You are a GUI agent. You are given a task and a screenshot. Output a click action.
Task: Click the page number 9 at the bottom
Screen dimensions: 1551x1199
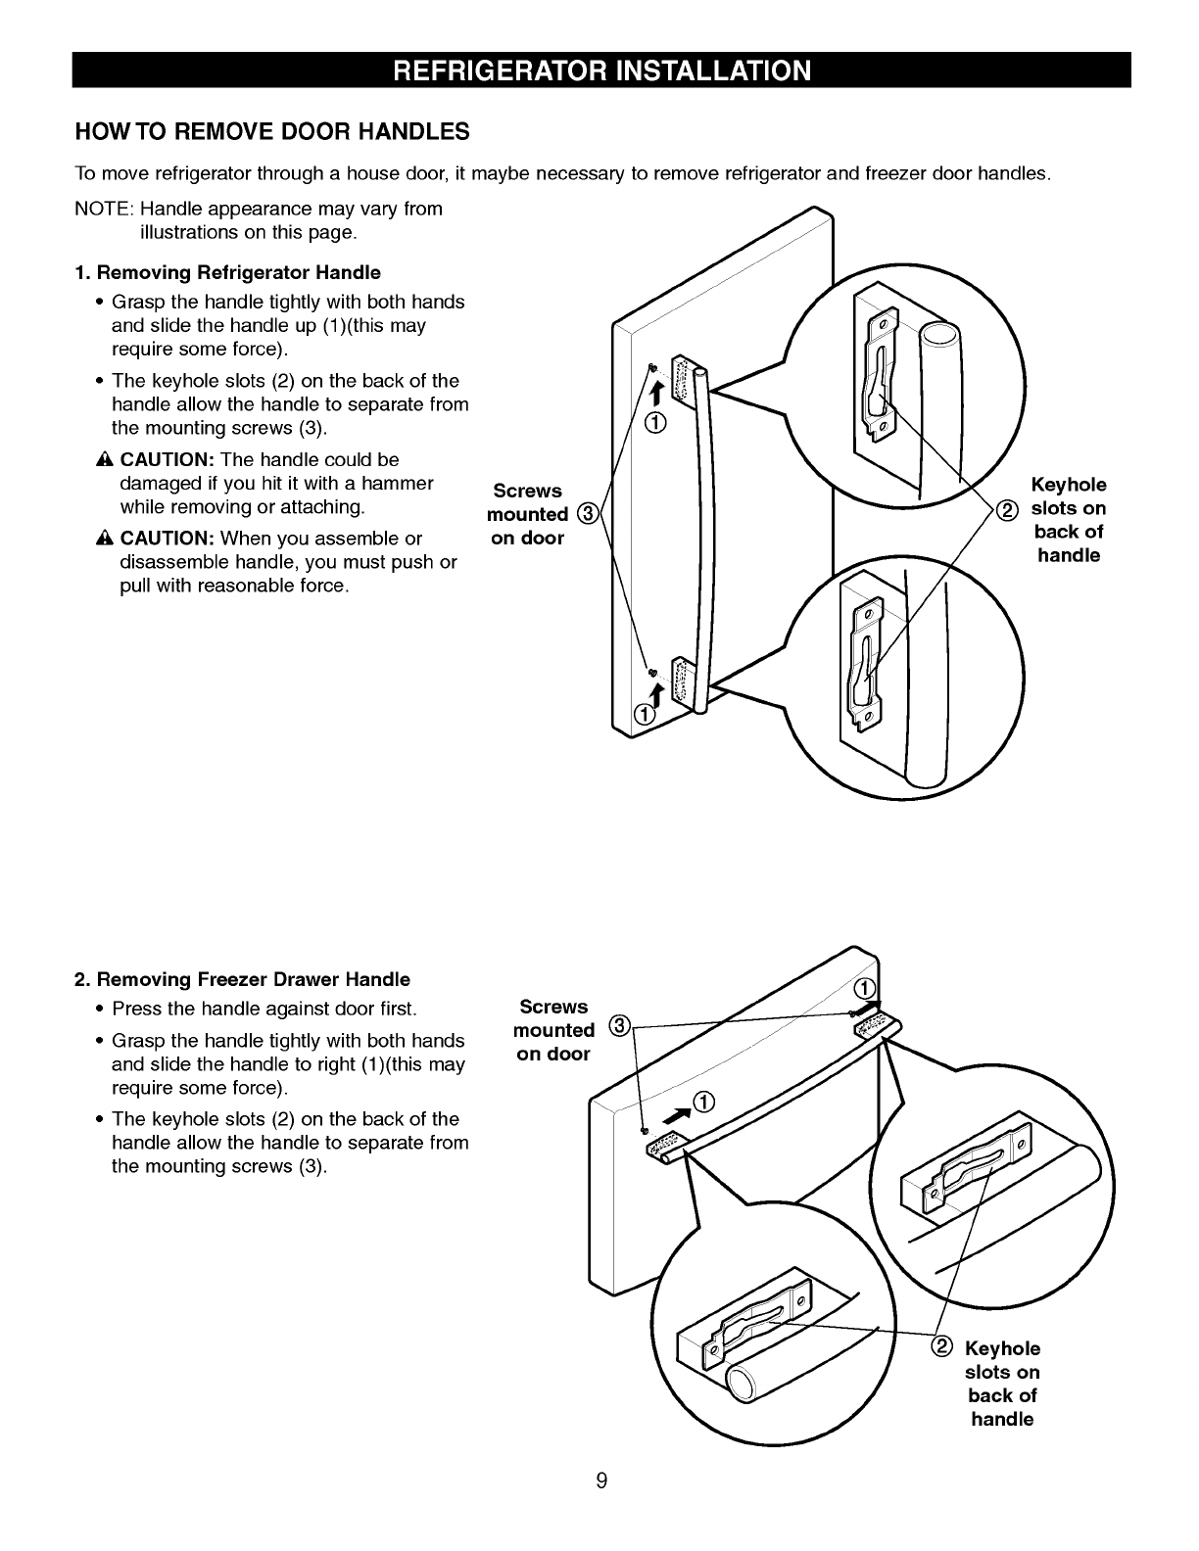(x=601, y=1480)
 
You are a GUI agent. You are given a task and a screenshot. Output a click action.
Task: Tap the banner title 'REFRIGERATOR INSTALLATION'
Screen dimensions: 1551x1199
(x=601, y=70)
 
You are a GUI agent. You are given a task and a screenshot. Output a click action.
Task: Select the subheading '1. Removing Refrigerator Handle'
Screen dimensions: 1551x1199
(x=228, y=272)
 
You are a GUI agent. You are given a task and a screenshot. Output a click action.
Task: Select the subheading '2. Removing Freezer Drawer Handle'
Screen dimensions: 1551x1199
(x=243, y=979)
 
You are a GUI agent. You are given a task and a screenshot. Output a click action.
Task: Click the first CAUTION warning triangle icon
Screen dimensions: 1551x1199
(x=105, y=460)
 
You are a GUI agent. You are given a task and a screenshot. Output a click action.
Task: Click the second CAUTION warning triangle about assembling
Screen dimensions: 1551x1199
(x=105, y=540)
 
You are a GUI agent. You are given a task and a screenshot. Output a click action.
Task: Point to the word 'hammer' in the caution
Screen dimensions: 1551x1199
(x=398, y=484)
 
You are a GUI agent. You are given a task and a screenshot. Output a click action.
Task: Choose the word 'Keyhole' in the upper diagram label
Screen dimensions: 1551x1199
(x=1069, y=485)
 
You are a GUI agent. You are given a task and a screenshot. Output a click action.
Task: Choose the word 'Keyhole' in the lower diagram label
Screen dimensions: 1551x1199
(x=1002, y=1348)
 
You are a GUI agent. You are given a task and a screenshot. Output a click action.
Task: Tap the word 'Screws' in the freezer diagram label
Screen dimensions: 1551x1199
(x=553, y=1007)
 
